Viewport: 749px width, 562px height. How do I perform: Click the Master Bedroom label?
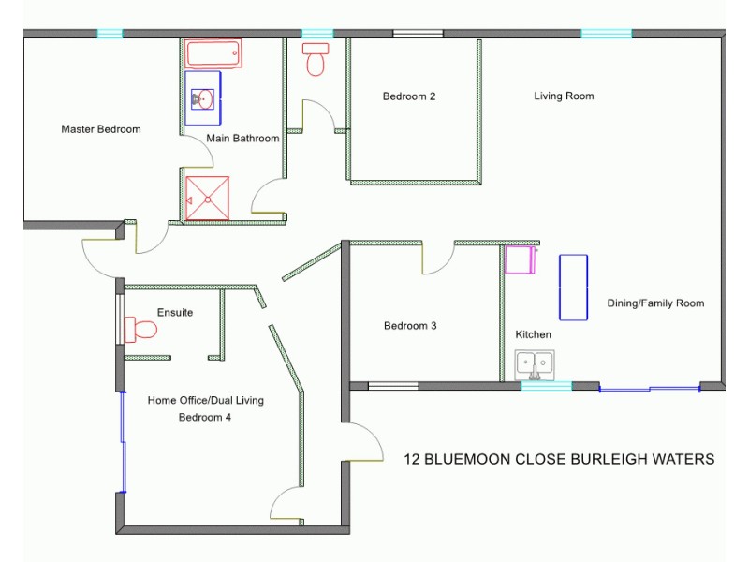(101, 129)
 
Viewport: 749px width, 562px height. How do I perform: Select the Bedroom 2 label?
(409, 96)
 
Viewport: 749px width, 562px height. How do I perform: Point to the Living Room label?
(564, 96)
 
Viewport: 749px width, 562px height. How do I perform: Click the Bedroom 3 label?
(410, 326)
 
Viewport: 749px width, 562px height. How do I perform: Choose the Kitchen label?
(534, 334)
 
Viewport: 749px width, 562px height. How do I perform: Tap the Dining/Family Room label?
(655, 303)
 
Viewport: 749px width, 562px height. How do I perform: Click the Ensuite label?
(175, 312)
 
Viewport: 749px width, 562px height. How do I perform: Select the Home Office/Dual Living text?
(206, 400)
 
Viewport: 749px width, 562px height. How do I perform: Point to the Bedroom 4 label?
(205, 418)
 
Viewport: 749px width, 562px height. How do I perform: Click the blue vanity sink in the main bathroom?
(202, 96)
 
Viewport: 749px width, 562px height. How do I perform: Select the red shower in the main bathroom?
(207, 198)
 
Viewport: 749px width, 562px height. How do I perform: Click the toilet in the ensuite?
(141, 330)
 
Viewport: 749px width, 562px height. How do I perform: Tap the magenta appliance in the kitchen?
(519, 259)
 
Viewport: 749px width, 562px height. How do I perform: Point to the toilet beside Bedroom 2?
(316, 60)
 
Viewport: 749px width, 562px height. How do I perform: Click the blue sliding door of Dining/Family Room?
(650, 388)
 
